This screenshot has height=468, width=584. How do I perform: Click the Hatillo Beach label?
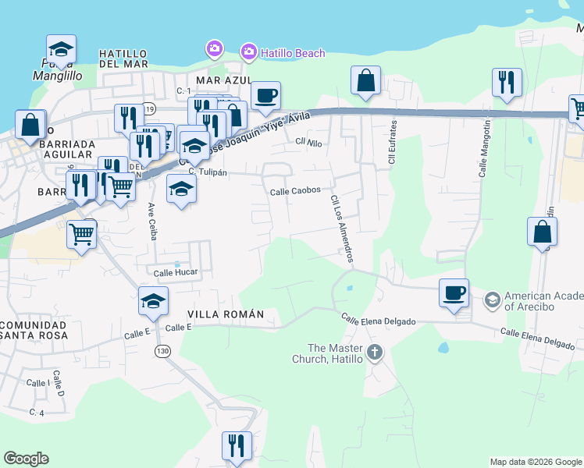pyautogui.click(x=293, y=53)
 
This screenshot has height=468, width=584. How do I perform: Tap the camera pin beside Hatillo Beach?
pyautogui.click(x=249, y=52)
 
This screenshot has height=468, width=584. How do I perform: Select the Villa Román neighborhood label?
pyautogui.click(x=226, y=314)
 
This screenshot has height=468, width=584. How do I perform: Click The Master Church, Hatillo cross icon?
pyautogui.click(x=375, y=353)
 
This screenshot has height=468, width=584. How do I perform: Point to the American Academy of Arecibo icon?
pyautogui.click(x=493, y=300)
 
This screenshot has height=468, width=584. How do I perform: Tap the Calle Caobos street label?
pyautogui.click(x=295, y=190)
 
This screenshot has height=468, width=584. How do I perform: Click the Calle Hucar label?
pyautogui.click(x=176, y=272)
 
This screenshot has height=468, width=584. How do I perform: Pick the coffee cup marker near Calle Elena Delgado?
pyautogui.click(x=454, y=293)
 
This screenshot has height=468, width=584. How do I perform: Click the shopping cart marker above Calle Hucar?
pyautogui.click(x=82, y=232)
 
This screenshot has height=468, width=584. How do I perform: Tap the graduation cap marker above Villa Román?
pyautogui.click(x=154, y=300)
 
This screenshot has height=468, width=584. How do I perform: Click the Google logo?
pyautogui.click(x=26, y=459)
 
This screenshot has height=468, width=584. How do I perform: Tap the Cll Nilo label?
pyautogui.click(x=309, y=142)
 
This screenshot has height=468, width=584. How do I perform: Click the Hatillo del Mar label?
pyautogui.click(x=129, y=58)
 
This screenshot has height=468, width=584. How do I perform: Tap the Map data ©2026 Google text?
pyautogui.click(x=536, y=462)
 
